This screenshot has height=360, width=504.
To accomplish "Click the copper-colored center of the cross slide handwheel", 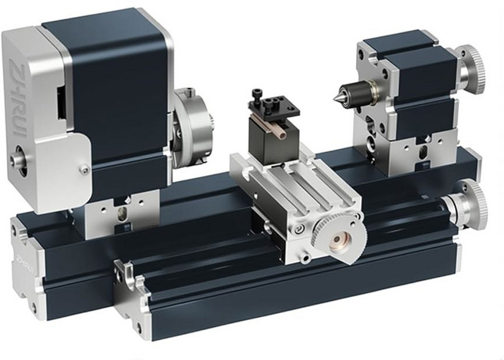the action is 338,239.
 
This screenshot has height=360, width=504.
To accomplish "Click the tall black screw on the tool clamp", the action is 257,97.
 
